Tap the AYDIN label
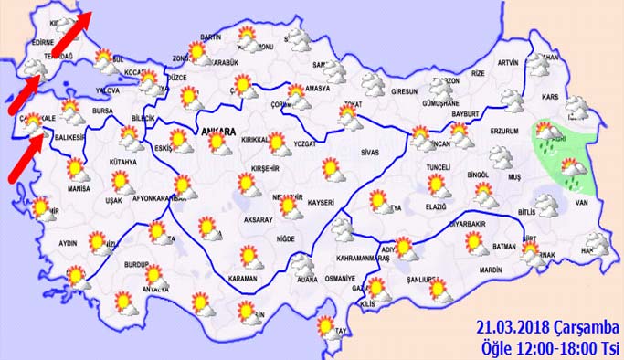(x=68, y=243)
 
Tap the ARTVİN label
(x=508, y=63)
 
